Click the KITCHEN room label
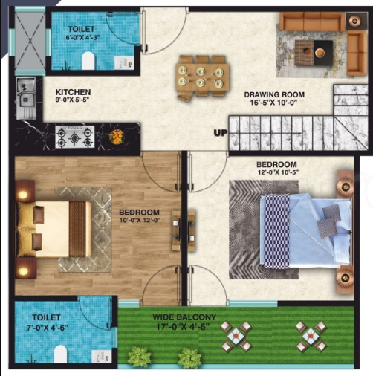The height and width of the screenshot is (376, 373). (x=73, y=92)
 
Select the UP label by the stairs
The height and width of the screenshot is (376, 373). (x=220, y=133)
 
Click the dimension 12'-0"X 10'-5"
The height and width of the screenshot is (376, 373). (x=276, y=173)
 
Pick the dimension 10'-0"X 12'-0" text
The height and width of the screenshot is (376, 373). (x=141, y=220)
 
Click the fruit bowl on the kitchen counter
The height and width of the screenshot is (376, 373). (x=117, y=137)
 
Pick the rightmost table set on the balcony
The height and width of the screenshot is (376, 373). (x=311, y=336)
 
